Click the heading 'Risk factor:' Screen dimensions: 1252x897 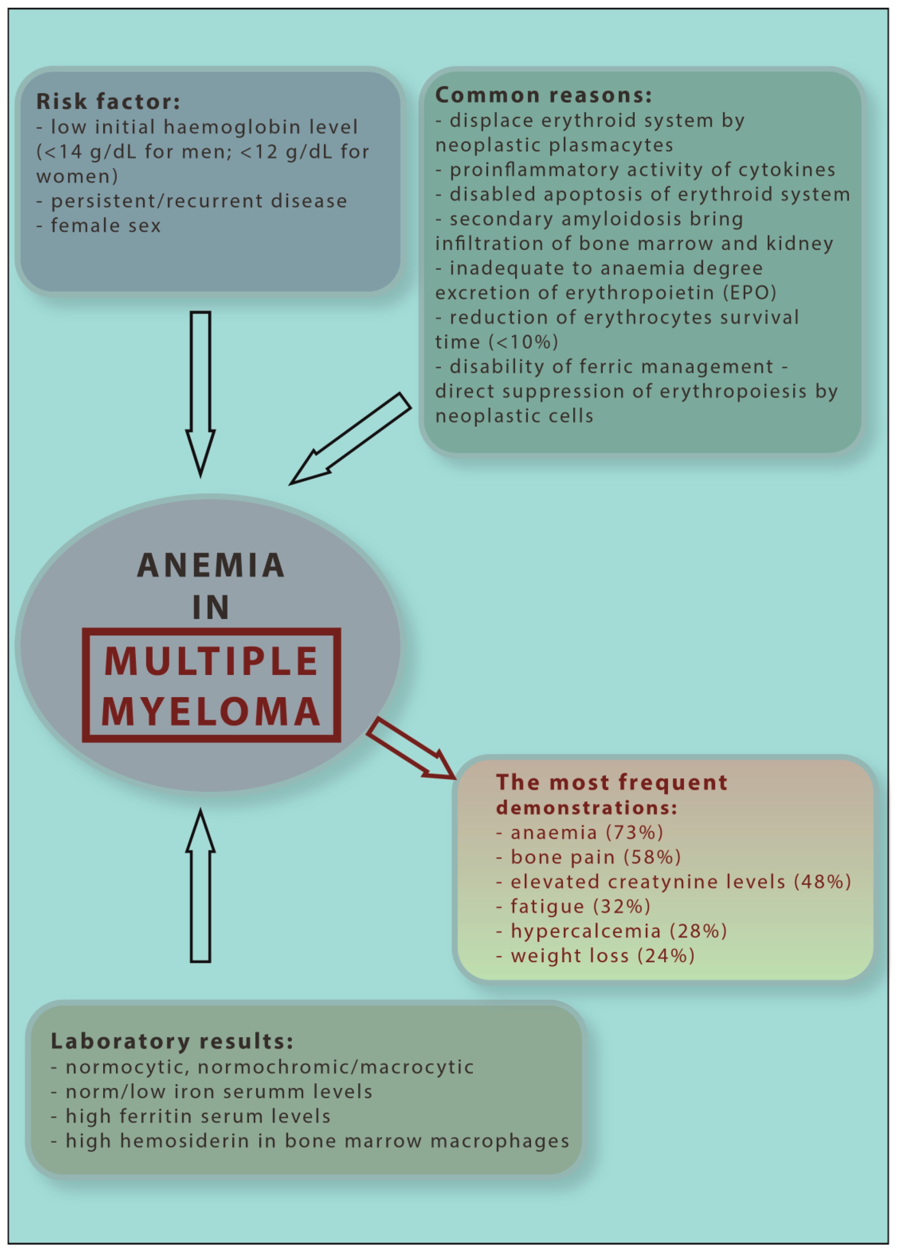pyautogui.click(x=108, y=102)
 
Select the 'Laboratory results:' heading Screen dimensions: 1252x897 pyautogui.click(x=172, y=1041)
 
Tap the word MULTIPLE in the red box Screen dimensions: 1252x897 pyautogui.click(x=211, y=661)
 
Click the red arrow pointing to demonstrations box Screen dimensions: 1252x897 pyautogui.click(x=411, y=748)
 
